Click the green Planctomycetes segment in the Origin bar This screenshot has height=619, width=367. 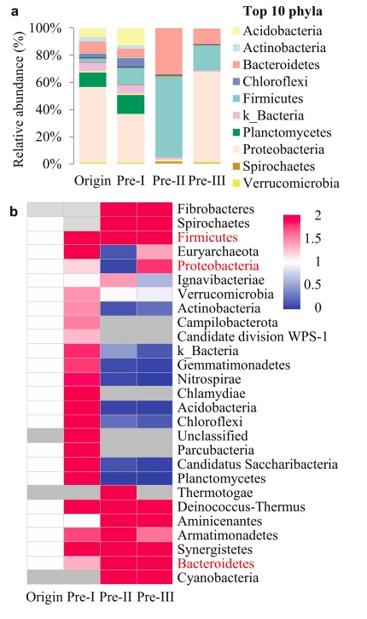92,79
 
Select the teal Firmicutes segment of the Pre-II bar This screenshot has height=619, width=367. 169,116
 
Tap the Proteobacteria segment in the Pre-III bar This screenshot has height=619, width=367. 207,116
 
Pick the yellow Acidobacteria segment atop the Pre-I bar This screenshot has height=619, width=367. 131,37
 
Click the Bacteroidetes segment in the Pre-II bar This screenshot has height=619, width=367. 169,51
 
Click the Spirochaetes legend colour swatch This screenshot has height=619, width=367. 236,166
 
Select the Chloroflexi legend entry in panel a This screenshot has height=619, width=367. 275,81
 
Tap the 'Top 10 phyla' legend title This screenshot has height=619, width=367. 283,11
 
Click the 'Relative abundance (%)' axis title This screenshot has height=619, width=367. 18,99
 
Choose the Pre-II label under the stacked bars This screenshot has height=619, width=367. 168,180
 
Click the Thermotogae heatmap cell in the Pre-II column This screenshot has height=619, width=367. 119,493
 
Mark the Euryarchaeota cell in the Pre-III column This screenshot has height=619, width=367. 154,251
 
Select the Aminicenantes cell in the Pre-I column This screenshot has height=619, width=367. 82,521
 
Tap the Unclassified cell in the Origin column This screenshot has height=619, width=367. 45,435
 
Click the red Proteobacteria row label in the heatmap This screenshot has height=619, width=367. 218,266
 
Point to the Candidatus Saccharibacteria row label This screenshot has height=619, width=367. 257,464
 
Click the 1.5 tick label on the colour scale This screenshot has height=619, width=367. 312,238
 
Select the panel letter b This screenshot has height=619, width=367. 15,212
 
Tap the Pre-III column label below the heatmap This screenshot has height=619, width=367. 155,597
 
